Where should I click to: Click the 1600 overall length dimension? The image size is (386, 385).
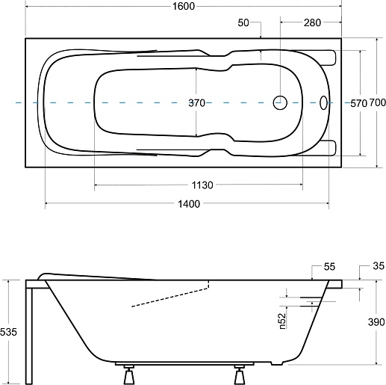[184, 6]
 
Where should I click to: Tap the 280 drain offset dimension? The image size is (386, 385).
[312, 22]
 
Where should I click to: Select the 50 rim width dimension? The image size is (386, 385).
[243, 22]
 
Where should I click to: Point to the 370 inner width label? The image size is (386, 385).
[196, 102]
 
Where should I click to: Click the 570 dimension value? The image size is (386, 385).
[358, 103]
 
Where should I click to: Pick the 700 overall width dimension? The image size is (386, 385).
[377, 102]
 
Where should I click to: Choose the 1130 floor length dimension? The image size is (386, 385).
[202, 185]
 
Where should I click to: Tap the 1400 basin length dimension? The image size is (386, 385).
[189, 204]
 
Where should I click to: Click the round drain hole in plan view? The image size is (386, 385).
[280, 102]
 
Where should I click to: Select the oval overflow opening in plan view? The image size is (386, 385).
[323, 102]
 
